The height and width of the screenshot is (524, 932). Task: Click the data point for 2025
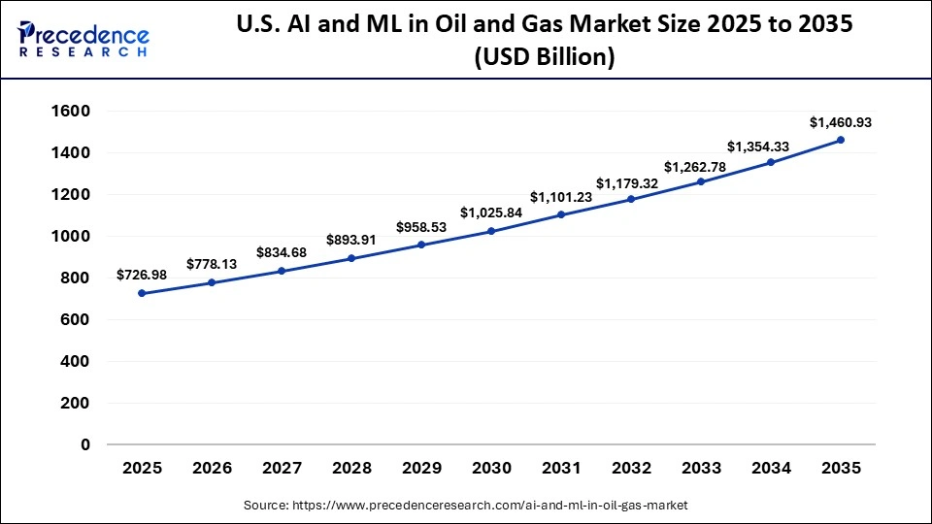(142, 293)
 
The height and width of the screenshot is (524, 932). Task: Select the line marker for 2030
(491, 231)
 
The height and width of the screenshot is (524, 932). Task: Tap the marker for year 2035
(841, 140)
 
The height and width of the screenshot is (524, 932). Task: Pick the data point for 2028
(351, 258)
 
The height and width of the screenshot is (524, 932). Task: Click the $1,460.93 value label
(841, 122)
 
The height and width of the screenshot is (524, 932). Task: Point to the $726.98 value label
(142, 275)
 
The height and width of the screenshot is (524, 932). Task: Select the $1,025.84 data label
(491, 212)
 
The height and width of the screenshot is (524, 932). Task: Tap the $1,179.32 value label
(631, 182)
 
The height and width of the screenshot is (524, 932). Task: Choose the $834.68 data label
(282, 252)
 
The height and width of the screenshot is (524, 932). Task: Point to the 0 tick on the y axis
(84, 444)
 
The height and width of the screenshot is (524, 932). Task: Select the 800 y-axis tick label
(74, 278)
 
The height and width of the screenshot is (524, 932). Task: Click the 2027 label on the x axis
(282, 468)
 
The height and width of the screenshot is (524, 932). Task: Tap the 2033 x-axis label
(701, 468)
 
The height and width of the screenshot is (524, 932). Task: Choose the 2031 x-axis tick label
(561, 468)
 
